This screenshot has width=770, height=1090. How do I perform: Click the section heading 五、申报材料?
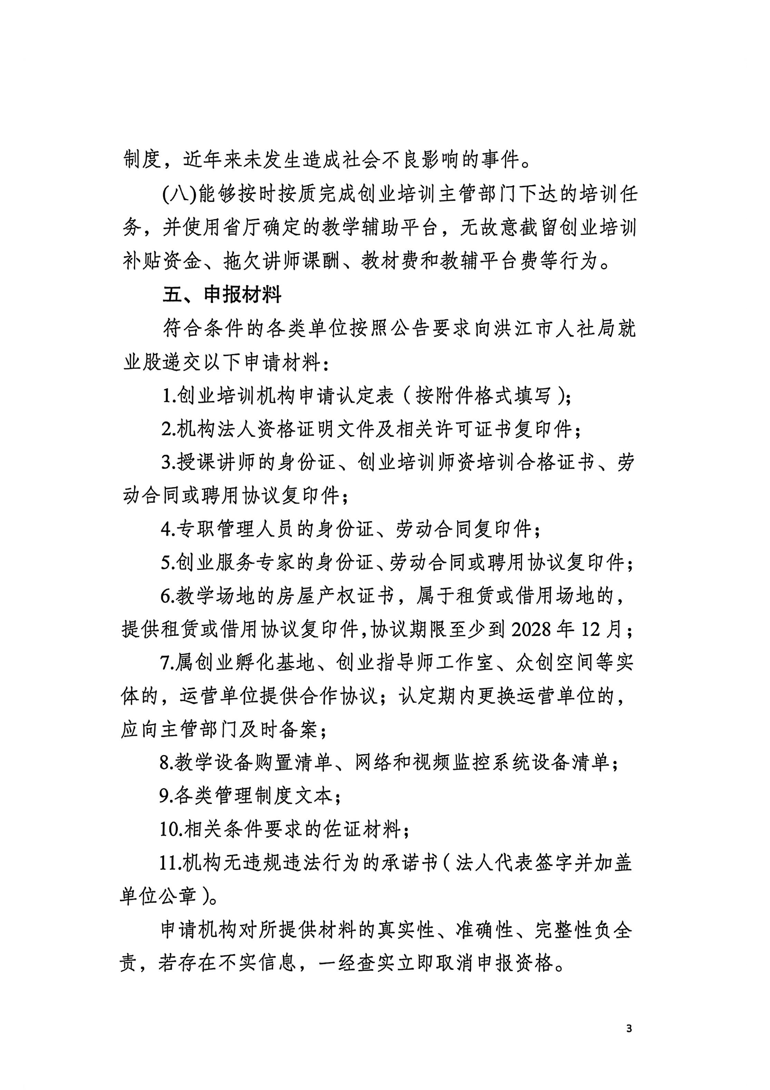click(222, 295)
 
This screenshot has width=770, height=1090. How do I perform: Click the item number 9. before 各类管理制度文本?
click(166, 796)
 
